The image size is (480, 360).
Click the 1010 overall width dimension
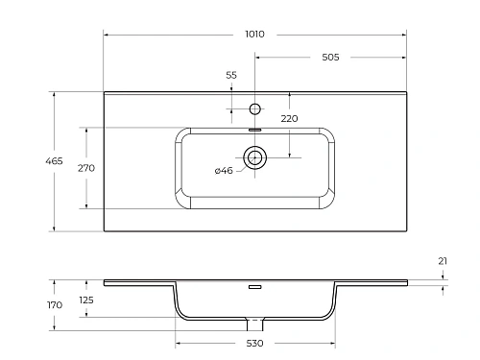click(254, 34)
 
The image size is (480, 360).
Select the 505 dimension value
click(330, 57)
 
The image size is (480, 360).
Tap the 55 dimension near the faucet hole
click(230, 75)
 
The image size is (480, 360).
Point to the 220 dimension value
click(289, 119)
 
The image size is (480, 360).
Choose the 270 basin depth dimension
click(84, 167)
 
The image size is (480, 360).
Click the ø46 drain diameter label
click(223, 170)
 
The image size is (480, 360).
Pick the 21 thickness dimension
click(442, 260)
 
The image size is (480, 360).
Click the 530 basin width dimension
click(254, 343)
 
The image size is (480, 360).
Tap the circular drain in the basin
click(255, 157)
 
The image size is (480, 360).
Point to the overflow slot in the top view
click(255, 128)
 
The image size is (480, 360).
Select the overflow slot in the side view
click(254, 286)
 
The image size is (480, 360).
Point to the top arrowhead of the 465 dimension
click(54, 94)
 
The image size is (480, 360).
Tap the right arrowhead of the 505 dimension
click(403, 57)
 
